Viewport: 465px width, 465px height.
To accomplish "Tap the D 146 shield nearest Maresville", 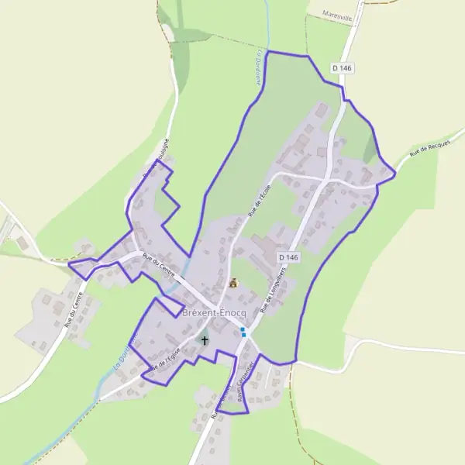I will pos(342,68).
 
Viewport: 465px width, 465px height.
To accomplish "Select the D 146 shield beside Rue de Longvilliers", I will pos(287,257).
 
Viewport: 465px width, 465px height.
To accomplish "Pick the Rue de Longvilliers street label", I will pos(277,287).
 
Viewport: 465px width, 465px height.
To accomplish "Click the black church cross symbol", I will pos(205,339).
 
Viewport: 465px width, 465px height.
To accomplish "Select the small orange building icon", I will pos(232,283).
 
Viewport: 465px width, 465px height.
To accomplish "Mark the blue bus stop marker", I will pos(243,332).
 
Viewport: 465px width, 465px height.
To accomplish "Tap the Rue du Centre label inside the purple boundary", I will pos(160,267).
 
